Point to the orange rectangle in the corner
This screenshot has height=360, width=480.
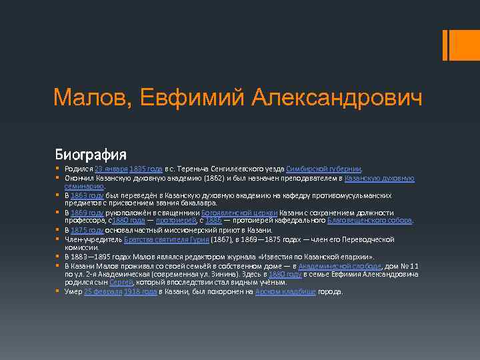(458, 45)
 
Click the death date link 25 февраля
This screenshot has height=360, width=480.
(103, 291)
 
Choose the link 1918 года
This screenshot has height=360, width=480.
(142, 291)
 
